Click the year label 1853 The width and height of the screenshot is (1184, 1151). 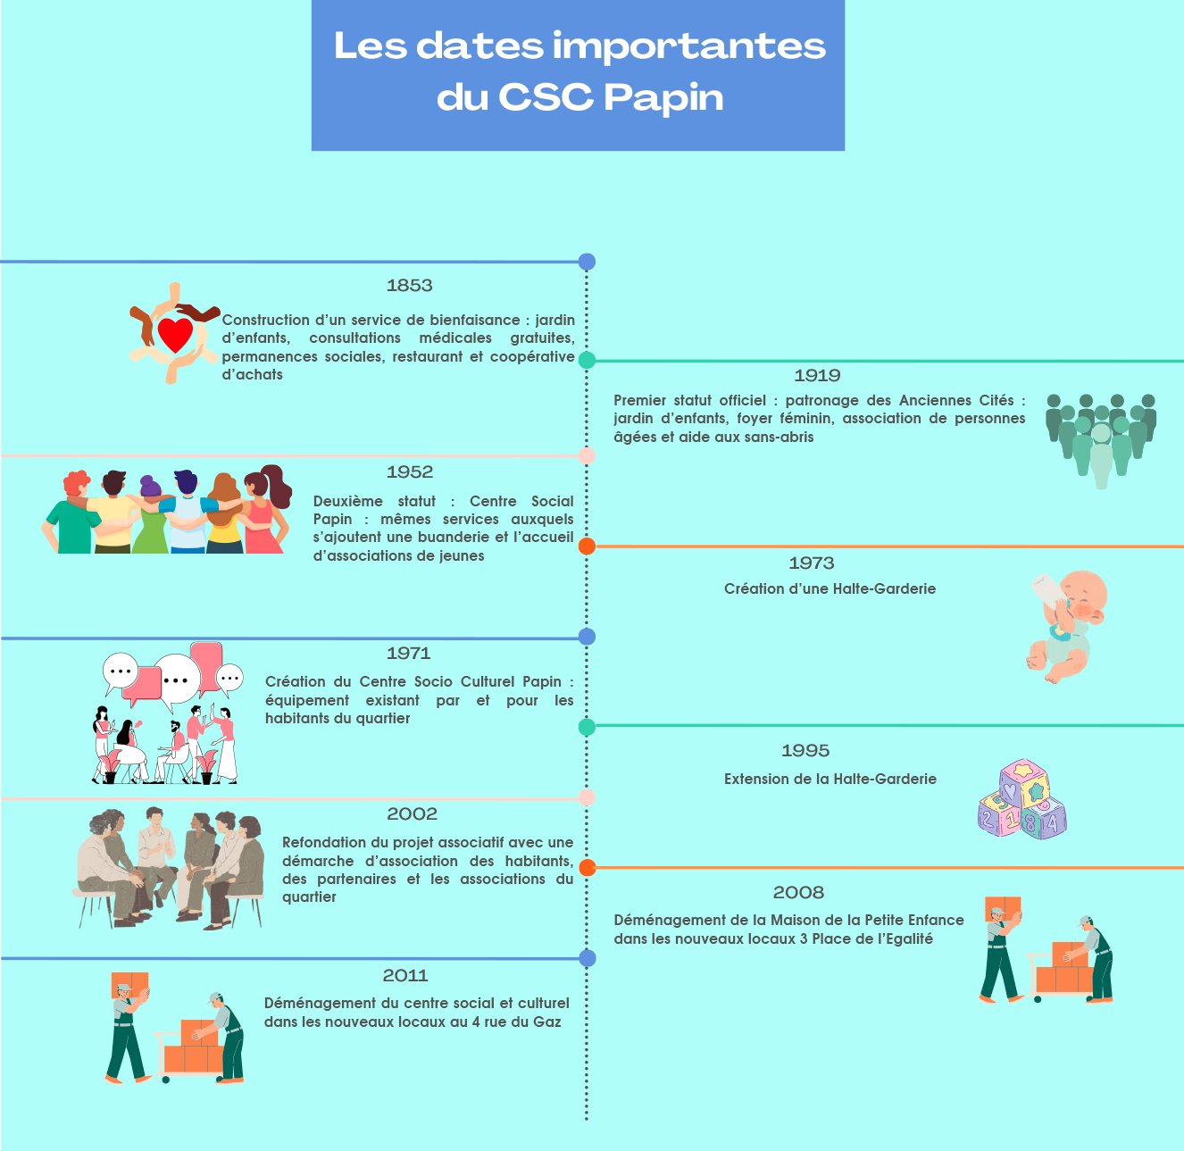(x=409, y=286)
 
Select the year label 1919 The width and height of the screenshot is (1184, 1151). (x=817, y=376)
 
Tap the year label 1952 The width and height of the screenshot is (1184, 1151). (x=409, y=472)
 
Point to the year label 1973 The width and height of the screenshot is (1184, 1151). (x=811, y=563)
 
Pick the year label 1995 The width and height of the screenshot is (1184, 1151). (x=805, y=751)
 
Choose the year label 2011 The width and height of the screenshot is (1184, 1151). (x=404, y=976)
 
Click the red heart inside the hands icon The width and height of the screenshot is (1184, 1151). (x=175, y=334)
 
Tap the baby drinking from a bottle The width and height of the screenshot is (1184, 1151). (x=1068, y=625)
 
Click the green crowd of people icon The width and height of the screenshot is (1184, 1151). (x=1101, y=438)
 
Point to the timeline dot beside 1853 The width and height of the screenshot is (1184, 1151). (x=587, y=263)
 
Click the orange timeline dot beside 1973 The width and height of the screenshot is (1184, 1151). (x=587, y=546)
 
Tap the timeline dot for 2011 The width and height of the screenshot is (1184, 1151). (x=587, y=959)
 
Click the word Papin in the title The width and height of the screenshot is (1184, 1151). (x=663, y=98)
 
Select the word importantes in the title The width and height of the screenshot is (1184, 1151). (x=688, y=46)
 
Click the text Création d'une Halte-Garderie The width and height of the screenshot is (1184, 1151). (x=830, y=589)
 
